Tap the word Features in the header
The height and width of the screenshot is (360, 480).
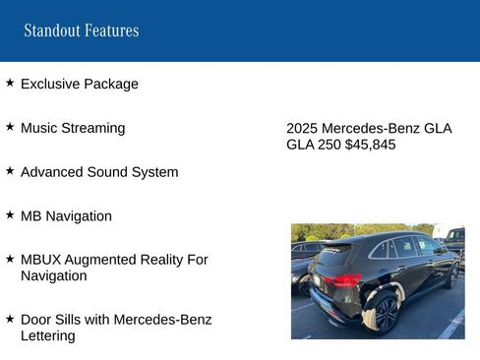pyautogui.click(x=111, y=30)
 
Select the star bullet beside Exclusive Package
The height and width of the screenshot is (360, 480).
pyautogui.click(x=10, y=84)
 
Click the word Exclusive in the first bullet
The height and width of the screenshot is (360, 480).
pyautogui.click(x=50, y=85)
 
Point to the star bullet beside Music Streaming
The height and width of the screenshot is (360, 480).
pyautogui.click(x=10, y=127)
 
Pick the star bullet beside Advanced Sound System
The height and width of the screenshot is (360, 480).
pyautogui.click(x=10, y=170)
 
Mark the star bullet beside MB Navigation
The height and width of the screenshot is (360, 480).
pyautogui.click(x=10, y=213)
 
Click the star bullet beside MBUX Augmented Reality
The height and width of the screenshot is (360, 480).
pyautogui.click(x=10, y=258)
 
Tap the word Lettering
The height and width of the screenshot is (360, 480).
pyautogui.click(x=47, y=335)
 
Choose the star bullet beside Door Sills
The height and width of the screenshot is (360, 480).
pyautogui.click(x=10, y=318)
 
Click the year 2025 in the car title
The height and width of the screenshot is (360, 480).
pyautogui.click(x=302, y=129)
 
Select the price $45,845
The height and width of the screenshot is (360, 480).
pyautogui.click(x=370, y=145)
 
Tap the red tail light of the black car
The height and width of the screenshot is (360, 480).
pyautogui.click(x=343, y=280)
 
